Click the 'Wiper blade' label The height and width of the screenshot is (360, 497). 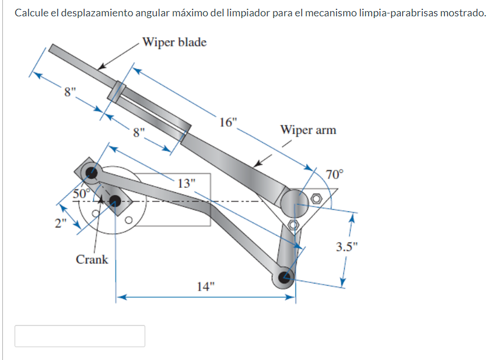[174, 43]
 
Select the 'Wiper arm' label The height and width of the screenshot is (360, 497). [308, 130]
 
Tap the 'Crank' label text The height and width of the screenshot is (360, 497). [92, 259]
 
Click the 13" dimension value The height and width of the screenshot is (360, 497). [186, 183]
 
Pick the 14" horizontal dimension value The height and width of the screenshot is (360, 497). [205, 286]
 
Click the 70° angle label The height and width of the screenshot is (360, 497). [335, 174]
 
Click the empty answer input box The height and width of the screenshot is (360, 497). [80, 336]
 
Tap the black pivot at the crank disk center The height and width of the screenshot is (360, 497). [114, 202]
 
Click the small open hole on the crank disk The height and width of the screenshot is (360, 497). [129, 220]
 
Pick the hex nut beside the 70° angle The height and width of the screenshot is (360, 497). [316, 198]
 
